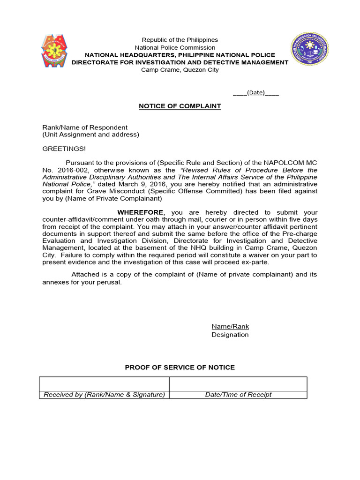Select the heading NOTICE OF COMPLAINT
pos(180,106)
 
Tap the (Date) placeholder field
pos(256,92)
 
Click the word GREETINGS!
pos(64,149)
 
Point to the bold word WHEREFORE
pos(141,212)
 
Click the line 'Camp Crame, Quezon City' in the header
pos(180,70)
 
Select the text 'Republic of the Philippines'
pos(180,40)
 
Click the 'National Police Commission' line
pos(175,47)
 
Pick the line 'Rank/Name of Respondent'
pos(85,127)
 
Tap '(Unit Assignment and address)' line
pos(91,135)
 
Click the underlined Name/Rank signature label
pos(230,326)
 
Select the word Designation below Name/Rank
pos(230,335)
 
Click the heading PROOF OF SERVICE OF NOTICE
pos(180,367)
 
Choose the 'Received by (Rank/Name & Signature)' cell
pos(104,395)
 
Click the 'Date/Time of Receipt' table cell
pos(238,395)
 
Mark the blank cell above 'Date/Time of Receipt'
pos(238,384)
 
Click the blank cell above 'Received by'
pos(104,384)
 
